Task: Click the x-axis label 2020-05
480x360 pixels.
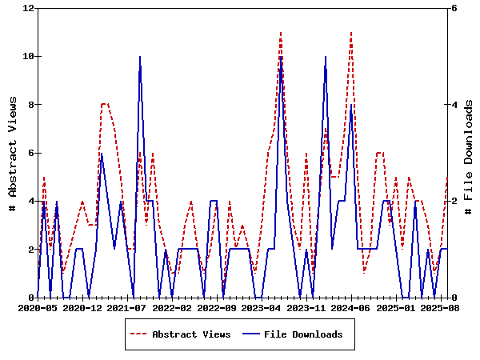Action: point(38,306)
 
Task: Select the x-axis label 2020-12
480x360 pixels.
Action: point(83,306)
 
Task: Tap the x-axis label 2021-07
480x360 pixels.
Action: point(128,306)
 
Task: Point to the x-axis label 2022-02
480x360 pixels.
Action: point(173,306)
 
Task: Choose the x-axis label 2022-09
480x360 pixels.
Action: point(218,306)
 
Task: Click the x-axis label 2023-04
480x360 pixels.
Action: point(262,306)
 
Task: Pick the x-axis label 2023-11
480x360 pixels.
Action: point(307,306)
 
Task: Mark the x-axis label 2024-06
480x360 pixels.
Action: point(352,306)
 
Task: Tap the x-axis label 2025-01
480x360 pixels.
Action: point(397,306)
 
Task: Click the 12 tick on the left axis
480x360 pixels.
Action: point(28,8)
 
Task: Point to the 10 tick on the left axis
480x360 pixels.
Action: point(28,56)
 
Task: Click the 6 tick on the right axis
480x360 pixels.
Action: point(454,8)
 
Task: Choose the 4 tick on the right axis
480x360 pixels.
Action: point(454,105)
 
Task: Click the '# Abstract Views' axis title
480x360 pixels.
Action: point(12,153)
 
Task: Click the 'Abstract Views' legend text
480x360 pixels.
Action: point(191,334)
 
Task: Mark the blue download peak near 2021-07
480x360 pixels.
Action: point(140,57)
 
